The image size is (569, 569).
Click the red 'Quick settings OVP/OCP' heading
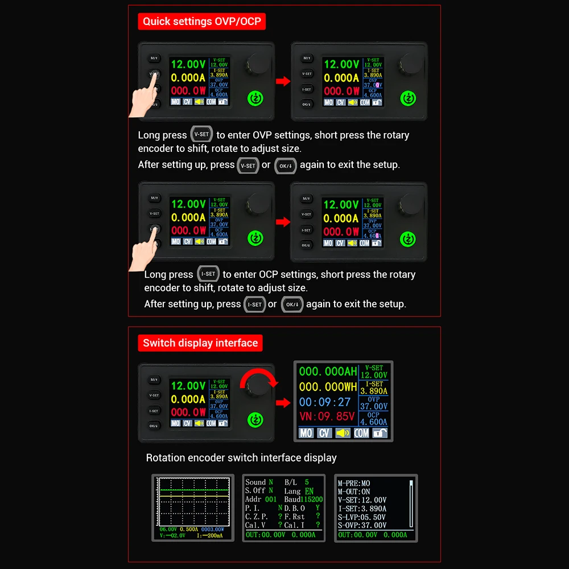(201, 22)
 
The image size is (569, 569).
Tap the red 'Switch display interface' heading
(200, 343)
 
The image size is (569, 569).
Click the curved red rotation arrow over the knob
(259, 378)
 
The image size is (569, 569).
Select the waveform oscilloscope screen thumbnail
(193, 508)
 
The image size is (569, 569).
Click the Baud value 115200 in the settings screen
(312, 499)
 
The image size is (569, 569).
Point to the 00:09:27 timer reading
(325, 402)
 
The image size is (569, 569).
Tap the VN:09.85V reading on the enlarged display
(327, 417)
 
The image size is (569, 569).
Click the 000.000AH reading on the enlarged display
(328, 372)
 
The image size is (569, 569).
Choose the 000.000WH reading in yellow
(328, 387)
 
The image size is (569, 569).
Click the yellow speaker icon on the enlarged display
(343, 433)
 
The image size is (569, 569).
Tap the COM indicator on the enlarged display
(361, 433)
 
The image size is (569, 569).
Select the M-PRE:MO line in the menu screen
(354, 483)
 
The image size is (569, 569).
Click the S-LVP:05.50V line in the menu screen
(362, 517)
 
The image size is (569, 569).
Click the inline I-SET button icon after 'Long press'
(208, 274)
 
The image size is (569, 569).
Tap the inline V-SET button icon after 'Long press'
(201, 135)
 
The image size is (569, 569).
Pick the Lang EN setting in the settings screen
(299, 491)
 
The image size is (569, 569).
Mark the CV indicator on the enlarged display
(324, 433)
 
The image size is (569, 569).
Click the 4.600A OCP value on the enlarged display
(374, 422)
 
